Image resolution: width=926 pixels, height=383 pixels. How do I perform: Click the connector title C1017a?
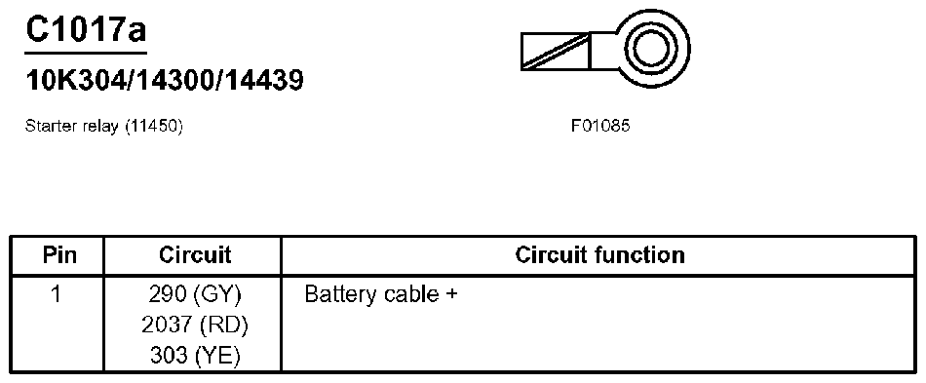[85, 29]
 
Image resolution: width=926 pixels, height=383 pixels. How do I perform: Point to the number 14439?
[261, 80]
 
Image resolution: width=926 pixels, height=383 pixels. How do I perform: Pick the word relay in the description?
[101, 127]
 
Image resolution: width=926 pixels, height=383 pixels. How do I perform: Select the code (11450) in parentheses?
[153, 127]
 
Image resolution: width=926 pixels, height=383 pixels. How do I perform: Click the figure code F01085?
[600, 127]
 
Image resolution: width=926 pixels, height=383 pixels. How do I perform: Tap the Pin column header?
[58, 255]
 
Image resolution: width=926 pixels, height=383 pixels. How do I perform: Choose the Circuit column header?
[195, 255]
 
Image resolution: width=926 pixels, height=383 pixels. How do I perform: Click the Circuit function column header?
[599, 255]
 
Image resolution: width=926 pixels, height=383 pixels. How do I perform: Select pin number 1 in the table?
[57, 293]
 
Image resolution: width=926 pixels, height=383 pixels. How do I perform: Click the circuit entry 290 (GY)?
[195, 293]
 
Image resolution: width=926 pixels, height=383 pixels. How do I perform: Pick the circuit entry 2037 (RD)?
[195, 325]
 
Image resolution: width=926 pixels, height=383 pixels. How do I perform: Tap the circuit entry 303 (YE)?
[195, 356]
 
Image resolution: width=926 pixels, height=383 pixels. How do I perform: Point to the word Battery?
[336, 293]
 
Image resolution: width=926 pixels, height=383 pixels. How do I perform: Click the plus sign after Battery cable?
[451, 293]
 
